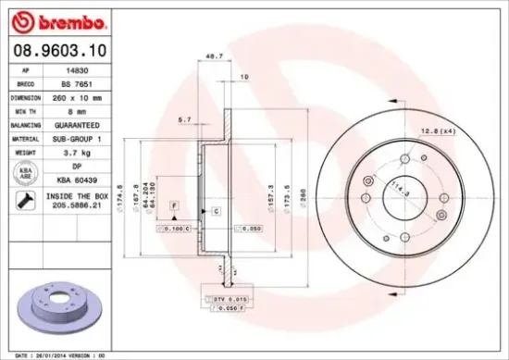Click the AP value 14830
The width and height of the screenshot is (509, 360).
(81, 68)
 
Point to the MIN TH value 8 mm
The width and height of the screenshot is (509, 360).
(81, 109)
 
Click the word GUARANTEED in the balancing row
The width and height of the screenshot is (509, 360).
(81, 123)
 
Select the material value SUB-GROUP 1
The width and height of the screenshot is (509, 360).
(81, 137)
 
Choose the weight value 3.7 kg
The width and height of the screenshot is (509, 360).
(81, 151)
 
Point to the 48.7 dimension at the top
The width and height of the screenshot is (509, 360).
(216, 56)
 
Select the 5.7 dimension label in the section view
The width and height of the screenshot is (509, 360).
(184, 118)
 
